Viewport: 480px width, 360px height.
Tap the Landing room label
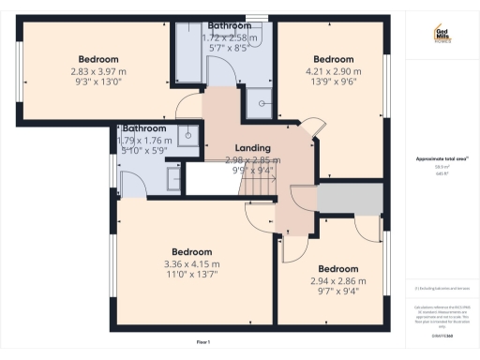pos(253,148)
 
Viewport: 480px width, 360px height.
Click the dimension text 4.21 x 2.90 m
pos(333,70)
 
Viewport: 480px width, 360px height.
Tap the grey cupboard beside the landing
pos(351,199)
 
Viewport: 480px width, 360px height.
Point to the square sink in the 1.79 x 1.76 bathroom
pos(190,135)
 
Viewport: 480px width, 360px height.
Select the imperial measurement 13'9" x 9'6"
pos(333,82)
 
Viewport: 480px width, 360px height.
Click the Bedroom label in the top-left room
pos(97,58)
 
